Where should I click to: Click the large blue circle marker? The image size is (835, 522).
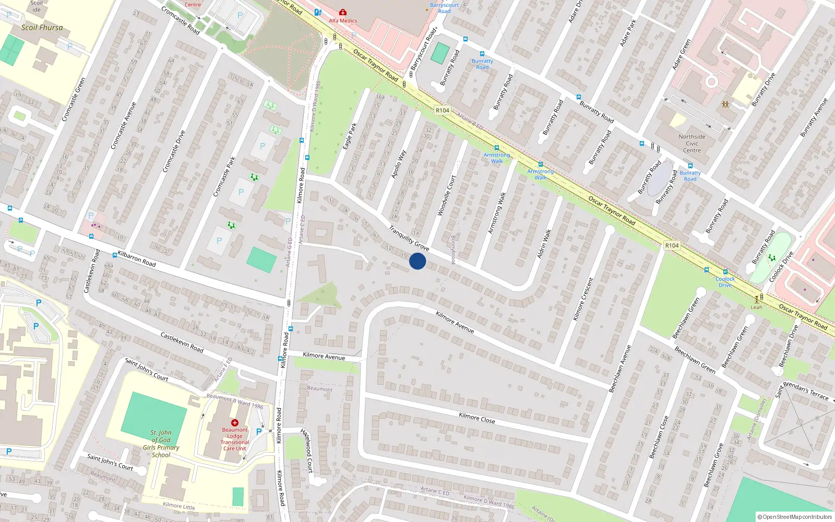coord(417,261)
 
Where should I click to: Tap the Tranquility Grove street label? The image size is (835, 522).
coord(409,238)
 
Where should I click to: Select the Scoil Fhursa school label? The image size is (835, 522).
coord(42,28)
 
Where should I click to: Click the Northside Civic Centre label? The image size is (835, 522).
coord(692,144)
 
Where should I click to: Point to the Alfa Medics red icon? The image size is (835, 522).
coord(342,12)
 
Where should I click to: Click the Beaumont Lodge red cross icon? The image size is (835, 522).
coord(235,423)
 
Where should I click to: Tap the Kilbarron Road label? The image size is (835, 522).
coord(137,258)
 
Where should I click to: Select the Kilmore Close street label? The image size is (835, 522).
coord(476,418)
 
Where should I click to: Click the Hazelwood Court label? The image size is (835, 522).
coord(307,450)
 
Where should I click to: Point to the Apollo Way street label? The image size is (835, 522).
coord(399,164)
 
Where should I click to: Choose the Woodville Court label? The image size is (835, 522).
coord(446,195)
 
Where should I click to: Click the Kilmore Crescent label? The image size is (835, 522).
coord(583,299)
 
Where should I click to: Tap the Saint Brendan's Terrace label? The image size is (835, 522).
coord(802,390)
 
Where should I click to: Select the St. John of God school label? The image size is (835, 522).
coord(161,444)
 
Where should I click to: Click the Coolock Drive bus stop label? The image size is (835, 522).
coord(725,282)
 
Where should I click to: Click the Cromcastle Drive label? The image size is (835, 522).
coord(174,151)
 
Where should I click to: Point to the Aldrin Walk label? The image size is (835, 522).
coord(544,244)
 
